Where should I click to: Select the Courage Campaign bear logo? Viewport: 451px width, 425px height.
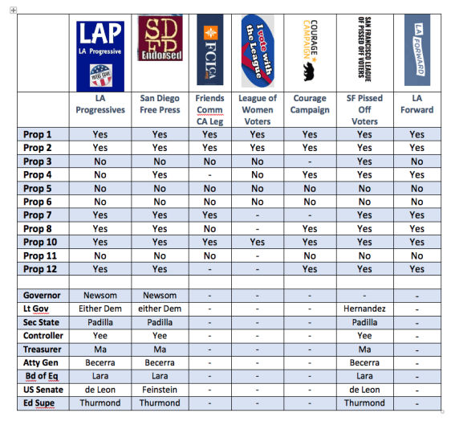(x=310, y=51)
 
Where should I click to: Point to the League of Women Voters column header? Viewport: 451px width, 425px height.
(x=258, y=110)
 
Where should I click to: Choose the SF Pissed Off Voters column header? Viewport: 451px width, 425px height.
(x=365, y=110)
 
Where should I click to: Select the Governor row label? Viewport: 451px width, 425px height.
(x=43, y=296)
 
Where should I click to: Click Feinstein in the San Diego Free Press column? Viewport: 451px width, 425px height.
(x=160, y=390)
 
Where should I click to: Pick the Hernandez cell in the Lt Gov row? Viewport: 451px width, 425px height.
(x=365, y=309)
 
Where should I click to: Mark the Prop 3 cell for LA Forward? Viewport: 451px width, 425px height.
(x=416, y=161)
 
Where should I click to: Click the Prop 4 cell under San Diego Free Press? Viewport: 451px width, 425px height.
(x=160, y=174)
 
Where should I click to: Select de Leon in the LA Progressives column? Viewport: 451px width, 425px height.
(x=100, y=390)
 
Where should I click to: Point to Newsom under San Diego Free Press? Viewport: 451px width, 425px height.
(x=160, y=296)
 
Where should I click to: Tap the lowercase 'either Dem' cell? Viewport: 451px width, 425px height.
(x=160, y=309)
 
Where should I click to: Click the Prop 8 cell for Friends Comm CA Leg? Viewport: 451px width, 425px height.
(x=209, y=228)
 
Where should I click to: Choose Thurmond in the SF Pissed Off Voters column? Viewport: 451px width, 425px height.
(x=365, y=403)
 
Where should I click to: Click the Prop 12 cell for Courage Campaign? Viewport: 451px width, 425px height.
(x=310, y=268)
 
